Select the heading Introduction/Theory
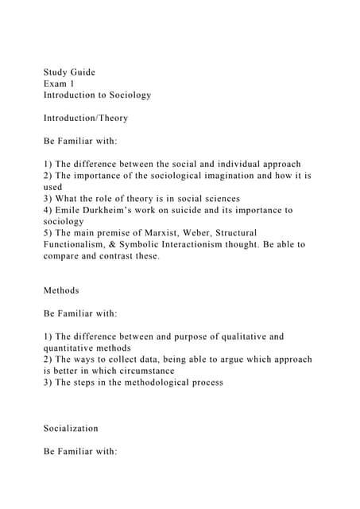coord(86,118)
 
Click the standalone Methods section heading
coord(61,290)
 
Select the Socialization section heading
coord(72,428)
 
